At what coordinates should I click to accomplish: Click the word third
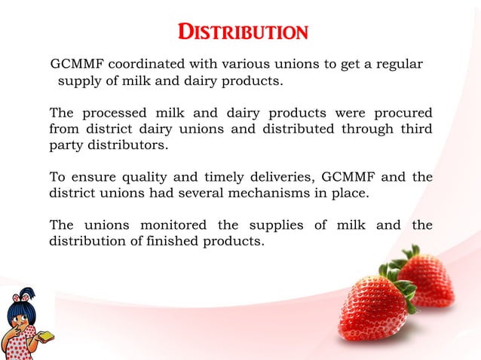[x=416, y=130]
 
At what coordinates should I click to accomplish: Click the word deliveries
[x=282, y=178]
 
